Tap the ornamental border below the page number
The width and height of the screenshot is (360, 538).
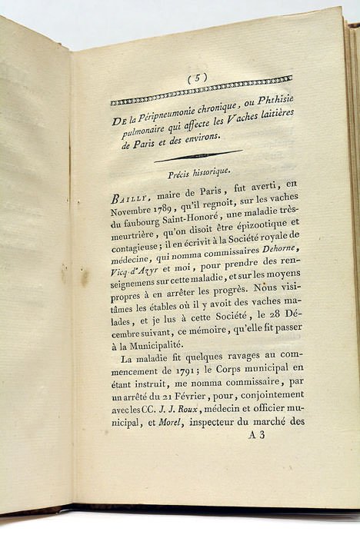(202, 91)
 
